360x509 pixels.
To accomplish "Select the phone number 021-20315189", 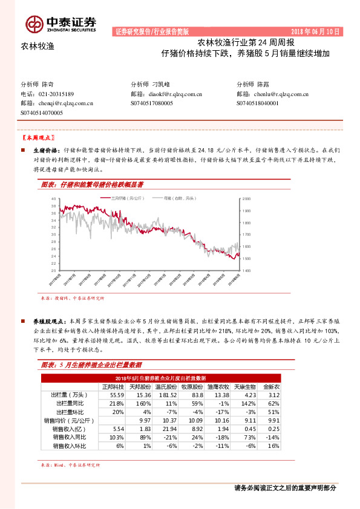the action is [56, 94].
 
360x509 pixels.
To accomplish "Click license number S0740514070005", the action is [46, 112].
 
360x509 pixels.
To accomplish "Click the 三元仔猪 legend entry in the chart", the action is [113, 198].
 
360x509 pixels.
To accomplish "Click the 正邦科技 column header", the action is [113, 387].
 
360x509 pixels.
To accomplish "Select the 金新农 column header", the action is [271, 387].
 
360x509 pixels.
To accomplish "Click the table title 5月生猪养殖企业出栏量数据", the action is [99, 366].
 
